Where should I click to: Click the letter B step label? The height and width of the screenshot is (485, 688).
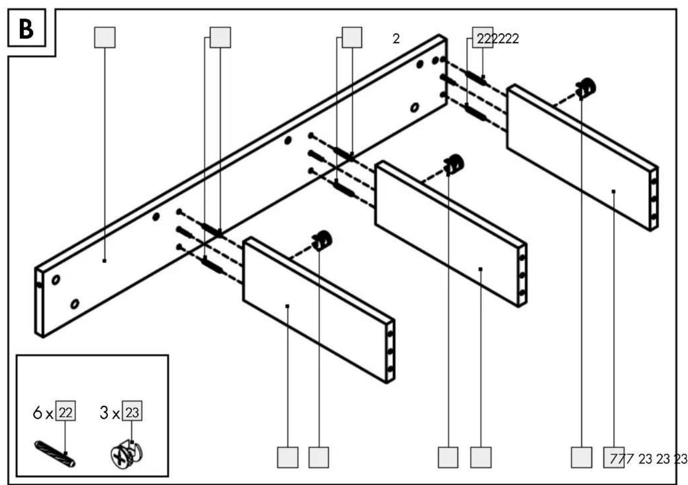point(26,29)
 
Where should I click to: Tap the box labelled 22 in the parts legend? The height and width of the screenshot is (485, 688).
point(65,410)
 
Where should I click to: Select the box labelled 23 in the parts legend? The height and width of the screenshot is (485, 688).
point(132,410)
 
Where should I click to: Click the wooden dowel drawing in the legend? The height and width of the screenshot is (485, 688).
point(54,454)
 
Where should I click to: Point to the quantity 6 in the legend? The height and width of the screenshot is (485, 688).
point(37,412)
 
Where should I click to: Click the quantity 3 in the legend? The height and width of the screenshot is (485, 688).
point(104,412)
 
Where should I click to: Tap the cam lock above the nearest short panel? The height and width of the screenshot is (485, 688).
point(321,240)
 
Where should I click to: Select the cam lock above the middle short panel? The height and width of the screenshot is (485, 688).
point(454,164)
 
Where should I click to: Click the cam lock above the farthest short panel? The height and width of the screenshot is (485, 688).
point(585,88)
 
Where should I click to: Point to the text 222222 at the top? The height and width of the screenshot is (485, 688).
point(497,38)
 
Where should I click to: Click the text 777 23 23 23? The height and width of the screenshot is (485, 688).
point(648,459)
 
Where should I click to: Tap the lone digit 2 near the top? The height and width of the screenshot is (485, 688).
point(396,38)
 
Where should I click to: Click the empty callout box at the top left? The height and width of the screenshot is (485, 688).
point(104,37)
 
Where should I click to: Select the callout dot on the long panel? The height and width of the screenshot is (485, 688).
point(104,261)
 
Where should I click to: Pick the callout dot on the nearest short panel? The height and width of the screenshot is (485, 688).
point(287,306)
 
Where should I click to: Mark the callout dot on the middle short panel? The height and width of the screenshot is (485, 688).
point(480,269)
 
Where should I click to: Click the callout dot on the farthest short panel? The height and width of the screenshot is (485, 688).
point(613,191)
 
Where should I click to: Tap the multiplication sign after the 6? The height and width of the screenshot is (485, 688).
point(49,415)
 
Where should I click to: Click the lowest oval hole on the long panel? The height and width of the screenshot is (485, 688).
point(74,304)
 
